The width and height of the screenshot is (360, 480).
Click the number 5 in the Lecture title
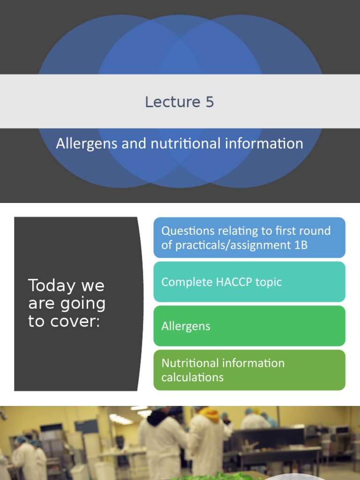209,102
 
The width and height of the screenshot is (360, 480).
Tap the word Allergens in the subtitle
87,143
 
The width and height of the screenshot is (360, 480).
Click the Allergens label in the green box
186,326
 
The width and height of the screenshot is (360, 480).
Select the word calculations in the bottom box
192,377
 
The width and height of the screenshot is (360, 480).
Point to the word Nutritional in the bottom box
189,363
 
